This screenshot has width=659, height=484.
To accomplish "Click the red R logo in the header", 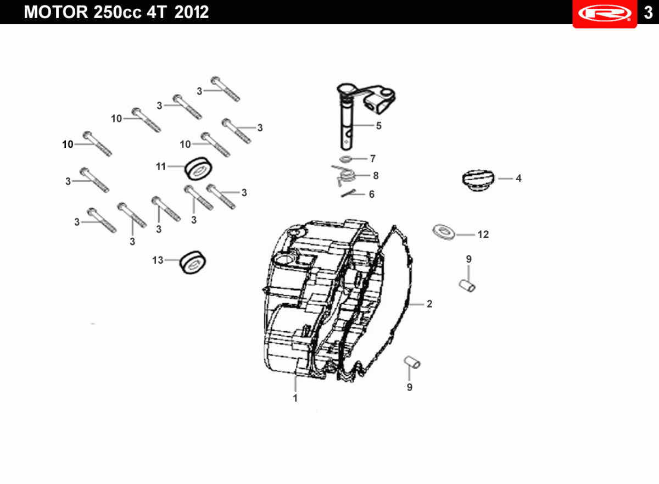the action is (605, 13).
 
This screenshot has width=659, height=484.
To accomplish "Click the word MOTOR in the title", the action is (56, 12).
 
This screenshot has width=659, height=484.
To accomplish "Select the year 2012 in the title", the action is (192, 12).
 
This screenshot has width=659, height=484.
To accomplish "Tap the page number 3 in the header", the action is (648, 13).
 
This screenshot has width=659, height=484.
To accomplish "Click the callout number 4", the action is (518, 179).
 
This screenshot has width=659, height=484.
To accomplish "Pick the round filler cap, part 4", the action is (478, 180).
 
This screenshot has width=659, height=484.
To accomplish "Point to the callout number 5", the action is (378, 126).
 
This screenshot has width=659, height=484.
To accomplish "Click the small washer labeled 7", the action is (345, 159).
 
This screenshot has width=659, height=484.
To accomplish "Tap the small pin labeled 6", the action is (349, 193).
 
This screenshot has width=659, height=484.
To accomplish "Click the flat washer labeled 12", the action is (444, 232).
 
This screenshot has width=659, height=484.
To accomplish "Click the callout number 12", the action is (483, 235).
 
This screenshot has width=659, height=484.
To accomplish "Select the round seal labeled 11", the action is (198, 168).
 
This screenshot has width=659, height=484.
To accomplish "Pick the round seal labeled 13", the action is (193, 263).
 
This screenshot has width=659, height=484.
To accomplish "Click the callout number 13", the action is (158, 260).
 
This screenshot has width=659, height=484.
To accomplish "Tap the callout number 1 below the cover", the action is (295, 398).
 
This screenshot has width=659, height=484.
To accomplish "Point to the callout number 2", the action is (429, 304).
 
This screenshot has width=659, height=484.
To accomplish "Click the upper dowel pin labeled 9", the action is (467, 286).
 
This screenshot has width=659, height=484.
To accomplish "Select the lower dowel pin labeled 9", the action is (412, 362).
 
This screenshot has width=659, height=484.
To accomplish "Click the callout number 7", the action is (373, 159).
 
